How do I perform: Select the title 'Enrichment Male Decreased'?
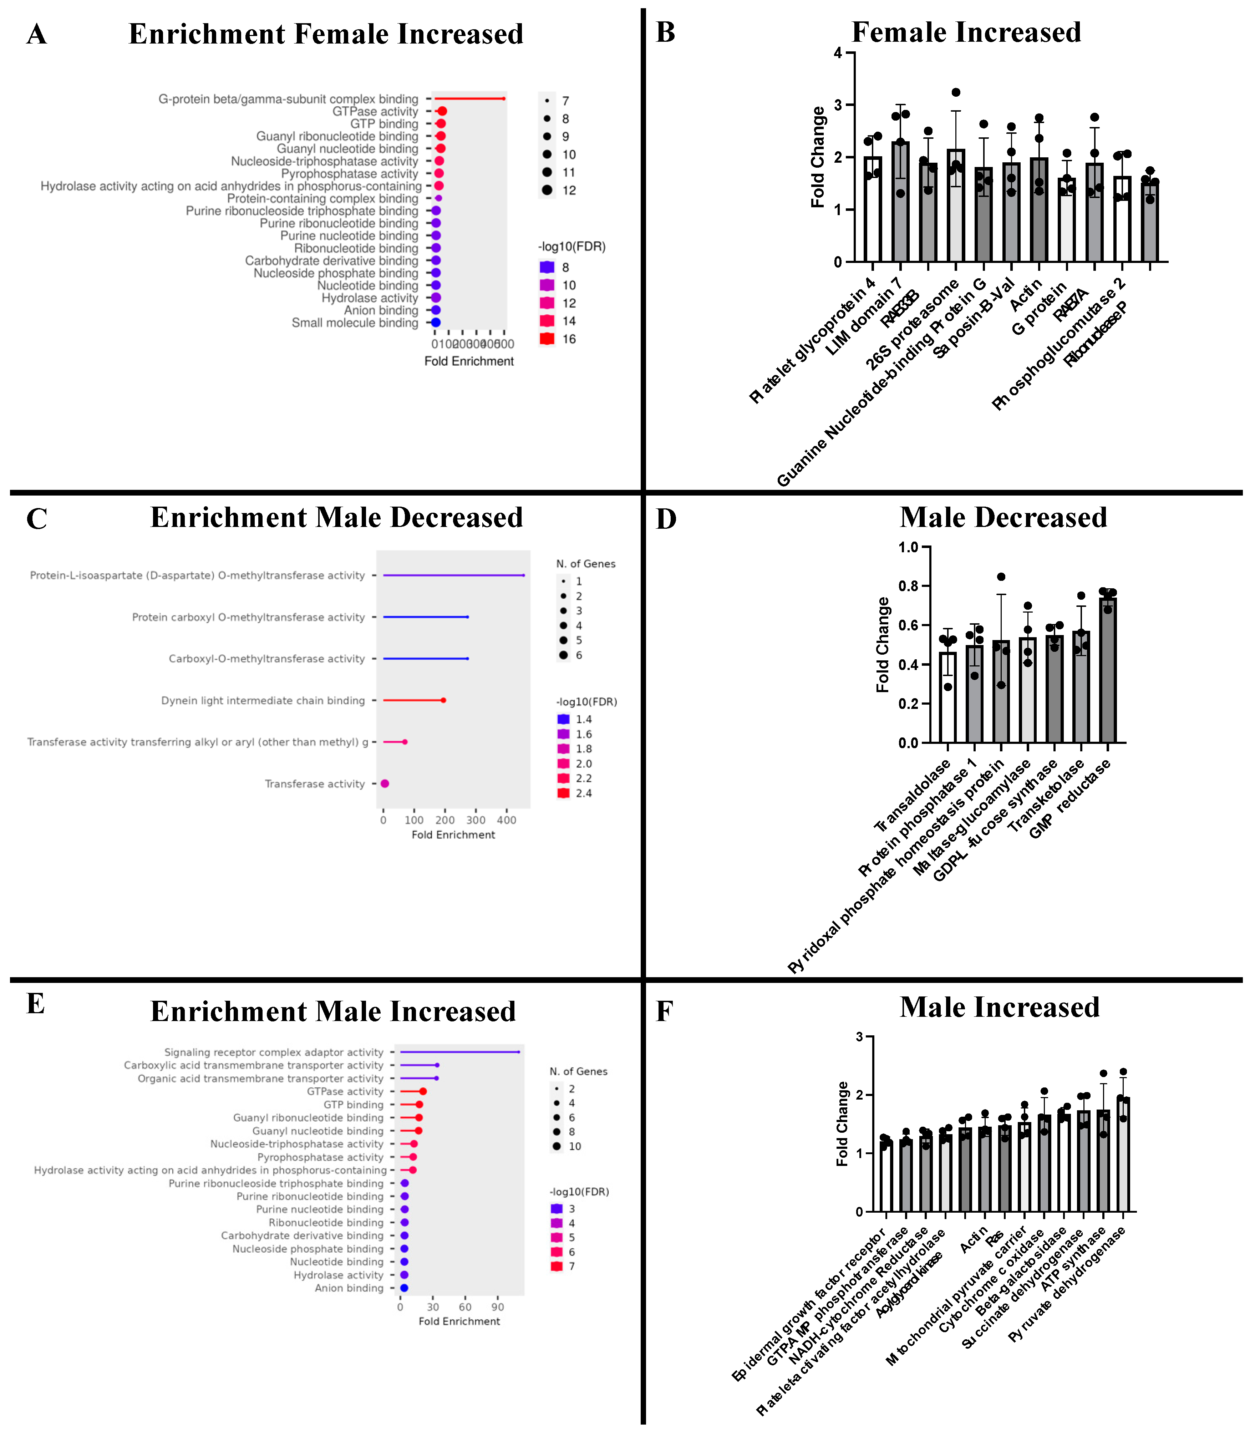coord(337,517)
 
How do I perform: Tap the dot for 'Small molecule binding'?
coord(435,323)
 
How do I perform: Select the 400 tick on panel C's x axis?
coord(506,820)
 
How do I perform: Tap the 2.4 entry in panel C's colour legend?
coord(583,793)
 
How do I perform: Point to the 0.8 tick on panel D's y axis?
coord(908,586)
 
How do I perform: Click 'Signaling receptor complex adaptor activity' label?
coord(274,1052)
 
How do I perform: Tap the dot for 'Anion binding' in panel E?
coord(404,1288)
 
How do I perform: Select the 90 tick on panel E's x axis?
coord(498,1307)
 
